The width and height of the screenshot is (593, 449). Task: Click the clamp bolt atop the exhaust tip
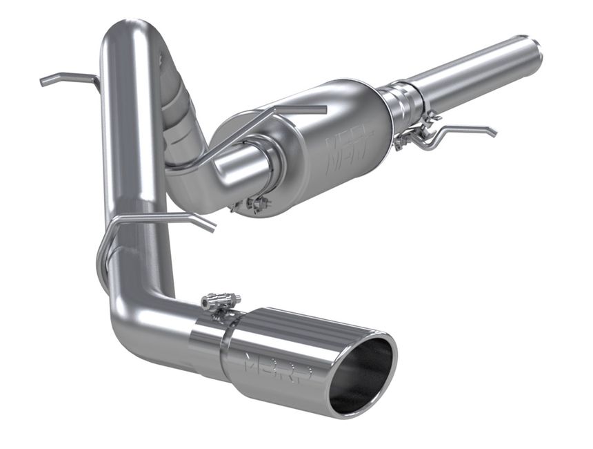click(220, 301)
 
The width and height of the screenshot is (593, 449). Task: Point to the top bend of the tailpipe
click(128, 35)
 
